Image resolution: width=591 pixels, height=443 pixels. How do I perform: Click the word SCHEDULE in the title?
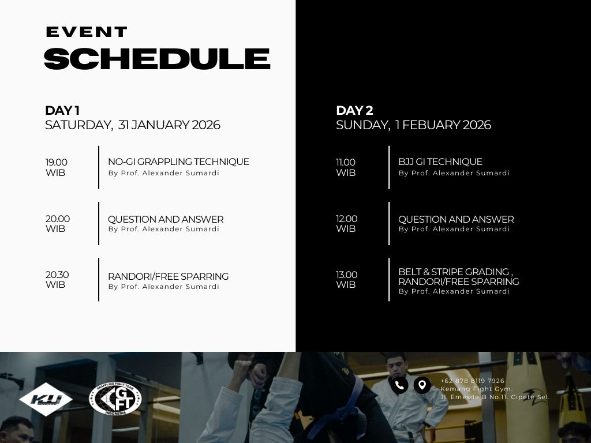[x=157, y=59]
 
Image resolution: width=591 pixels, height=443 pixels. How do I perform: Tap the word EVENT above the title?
[x=87, y=32]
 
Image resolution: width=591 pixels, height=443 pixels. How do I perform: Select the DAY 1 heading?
[x=62, y=110]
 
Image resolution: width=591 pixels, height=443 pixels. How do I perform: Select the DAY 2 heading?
[x=355, y=110]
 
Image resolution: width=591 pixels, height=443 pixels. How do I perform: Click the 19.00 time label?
[x=57, y=162]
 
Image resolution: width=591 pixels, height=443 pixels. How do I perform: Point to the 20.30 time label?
[x=57, y=275]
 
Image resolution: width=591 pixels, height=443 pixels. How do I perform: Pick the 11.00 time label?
[x=346, y=162]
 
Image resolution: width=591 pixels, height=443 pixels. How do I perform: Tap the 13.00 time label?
[x=347, y=275]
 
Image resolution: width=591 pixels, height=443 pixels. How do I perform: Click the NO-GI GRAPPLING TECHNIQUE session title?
[x=179, y=162]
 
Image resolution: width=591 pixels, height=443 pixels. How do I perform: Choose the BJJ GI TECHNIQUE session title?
[x=440, y=162]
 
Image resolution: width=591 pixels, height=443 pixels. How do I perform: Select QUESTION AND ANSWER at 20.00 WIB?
[x=166, y=219]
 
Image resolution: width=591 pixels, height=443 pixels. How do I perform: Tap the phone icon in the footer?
[x=399, y=385]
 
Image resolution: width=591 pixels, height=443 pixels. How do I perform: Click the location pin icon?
[x=422, y=385]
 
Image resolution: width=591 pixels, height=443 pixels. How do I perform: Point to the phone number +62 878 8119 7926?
[x=472, y=381]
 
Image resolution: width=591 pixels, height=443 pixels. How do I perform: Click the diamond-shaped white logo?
[x=46, y=399]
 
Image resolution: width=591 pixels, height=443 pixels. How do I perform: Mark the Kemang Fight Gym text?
[x=476, y=389]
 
